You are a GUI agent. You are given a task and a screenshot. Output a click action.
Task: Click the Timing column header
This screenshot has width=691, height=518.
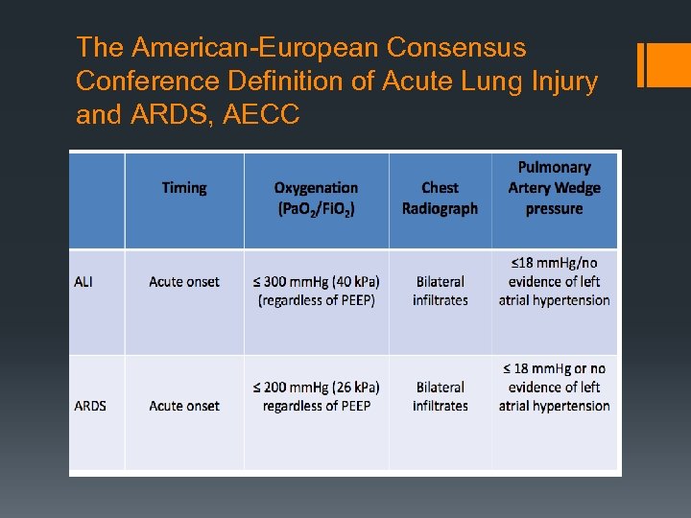pyautogui.click(x=184, y=188)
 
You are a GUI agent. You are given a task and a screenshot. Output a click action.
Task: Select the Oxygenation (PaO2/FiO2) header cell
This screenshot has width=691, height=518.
pyautogui.click(x=316, y=199)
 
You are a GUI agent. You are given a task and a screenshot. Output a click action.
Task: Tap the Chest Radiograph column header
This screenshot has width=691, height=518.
pyautogui.click(x=440, y=199)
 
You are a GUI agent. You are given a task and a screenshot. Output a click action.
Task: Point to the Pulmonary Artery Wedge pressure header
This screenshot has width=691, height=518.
pyautogui.click(x=554, y=188)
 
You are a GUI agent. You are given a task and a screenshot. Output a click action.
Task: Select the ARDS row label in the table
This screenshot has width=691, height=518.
pyautogui.click(x=90, y=406)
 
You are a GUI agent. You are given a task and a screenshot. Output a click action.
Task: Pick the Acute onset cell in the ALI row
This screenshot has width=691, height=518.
pyautogui.click(x=184, y=282)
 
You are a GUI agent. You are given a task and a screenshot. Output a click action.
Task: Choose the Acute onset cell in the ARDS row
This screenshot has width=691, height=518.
pyautogui.click(x=184, y=406)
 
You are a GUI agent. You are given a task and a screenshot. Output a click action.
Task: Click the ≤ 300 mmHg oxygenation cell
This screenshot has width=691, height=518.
pyautogui.click(x=316, y=291)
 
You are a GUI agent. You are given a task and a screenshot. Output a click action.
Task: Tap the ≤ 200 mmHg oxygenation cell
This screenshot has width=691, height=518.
pyautogui.click(x=316, y=396)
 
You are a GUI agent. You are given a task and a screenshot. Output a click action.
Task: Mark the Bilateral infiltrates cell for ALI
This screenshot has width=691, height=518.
pyautogui.click(x=440, y=291)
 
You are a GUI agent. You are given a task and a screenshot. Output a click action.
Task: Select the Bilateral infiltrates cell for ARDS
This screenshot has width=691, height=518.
pyautogui.click(x=440, y=396)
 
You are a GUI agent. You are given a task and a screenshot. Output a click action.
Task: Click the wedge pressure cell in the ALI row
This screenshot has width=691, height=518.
pyautogui.click(x=554, y=281)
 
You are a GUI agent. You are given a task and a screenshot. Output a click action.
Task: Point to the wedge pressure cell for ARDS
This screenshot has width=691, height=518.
pyautogui.click(x=554, y=388)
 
